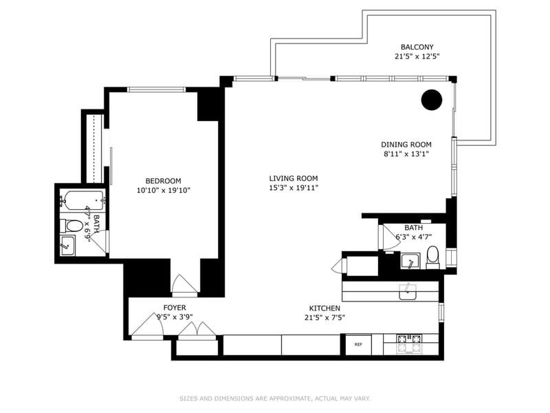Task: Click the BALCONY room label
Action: pos(417,47)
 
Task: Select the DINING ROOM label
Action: pos(406,145)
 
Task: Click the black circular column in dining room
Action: pos(431,100)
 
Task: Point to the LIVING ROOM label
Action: pos(294,178)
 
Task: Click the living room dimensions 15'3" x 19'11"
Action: pos(294,187)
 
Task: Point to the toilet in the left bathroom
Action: pos(74,225)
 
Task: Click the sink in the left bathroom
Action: pos(67,245)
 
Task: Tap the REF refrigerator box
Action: pos(358,344)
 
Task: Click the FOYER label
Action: pos(174,307)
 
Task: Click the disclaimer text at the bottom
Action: pos(275,398)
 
